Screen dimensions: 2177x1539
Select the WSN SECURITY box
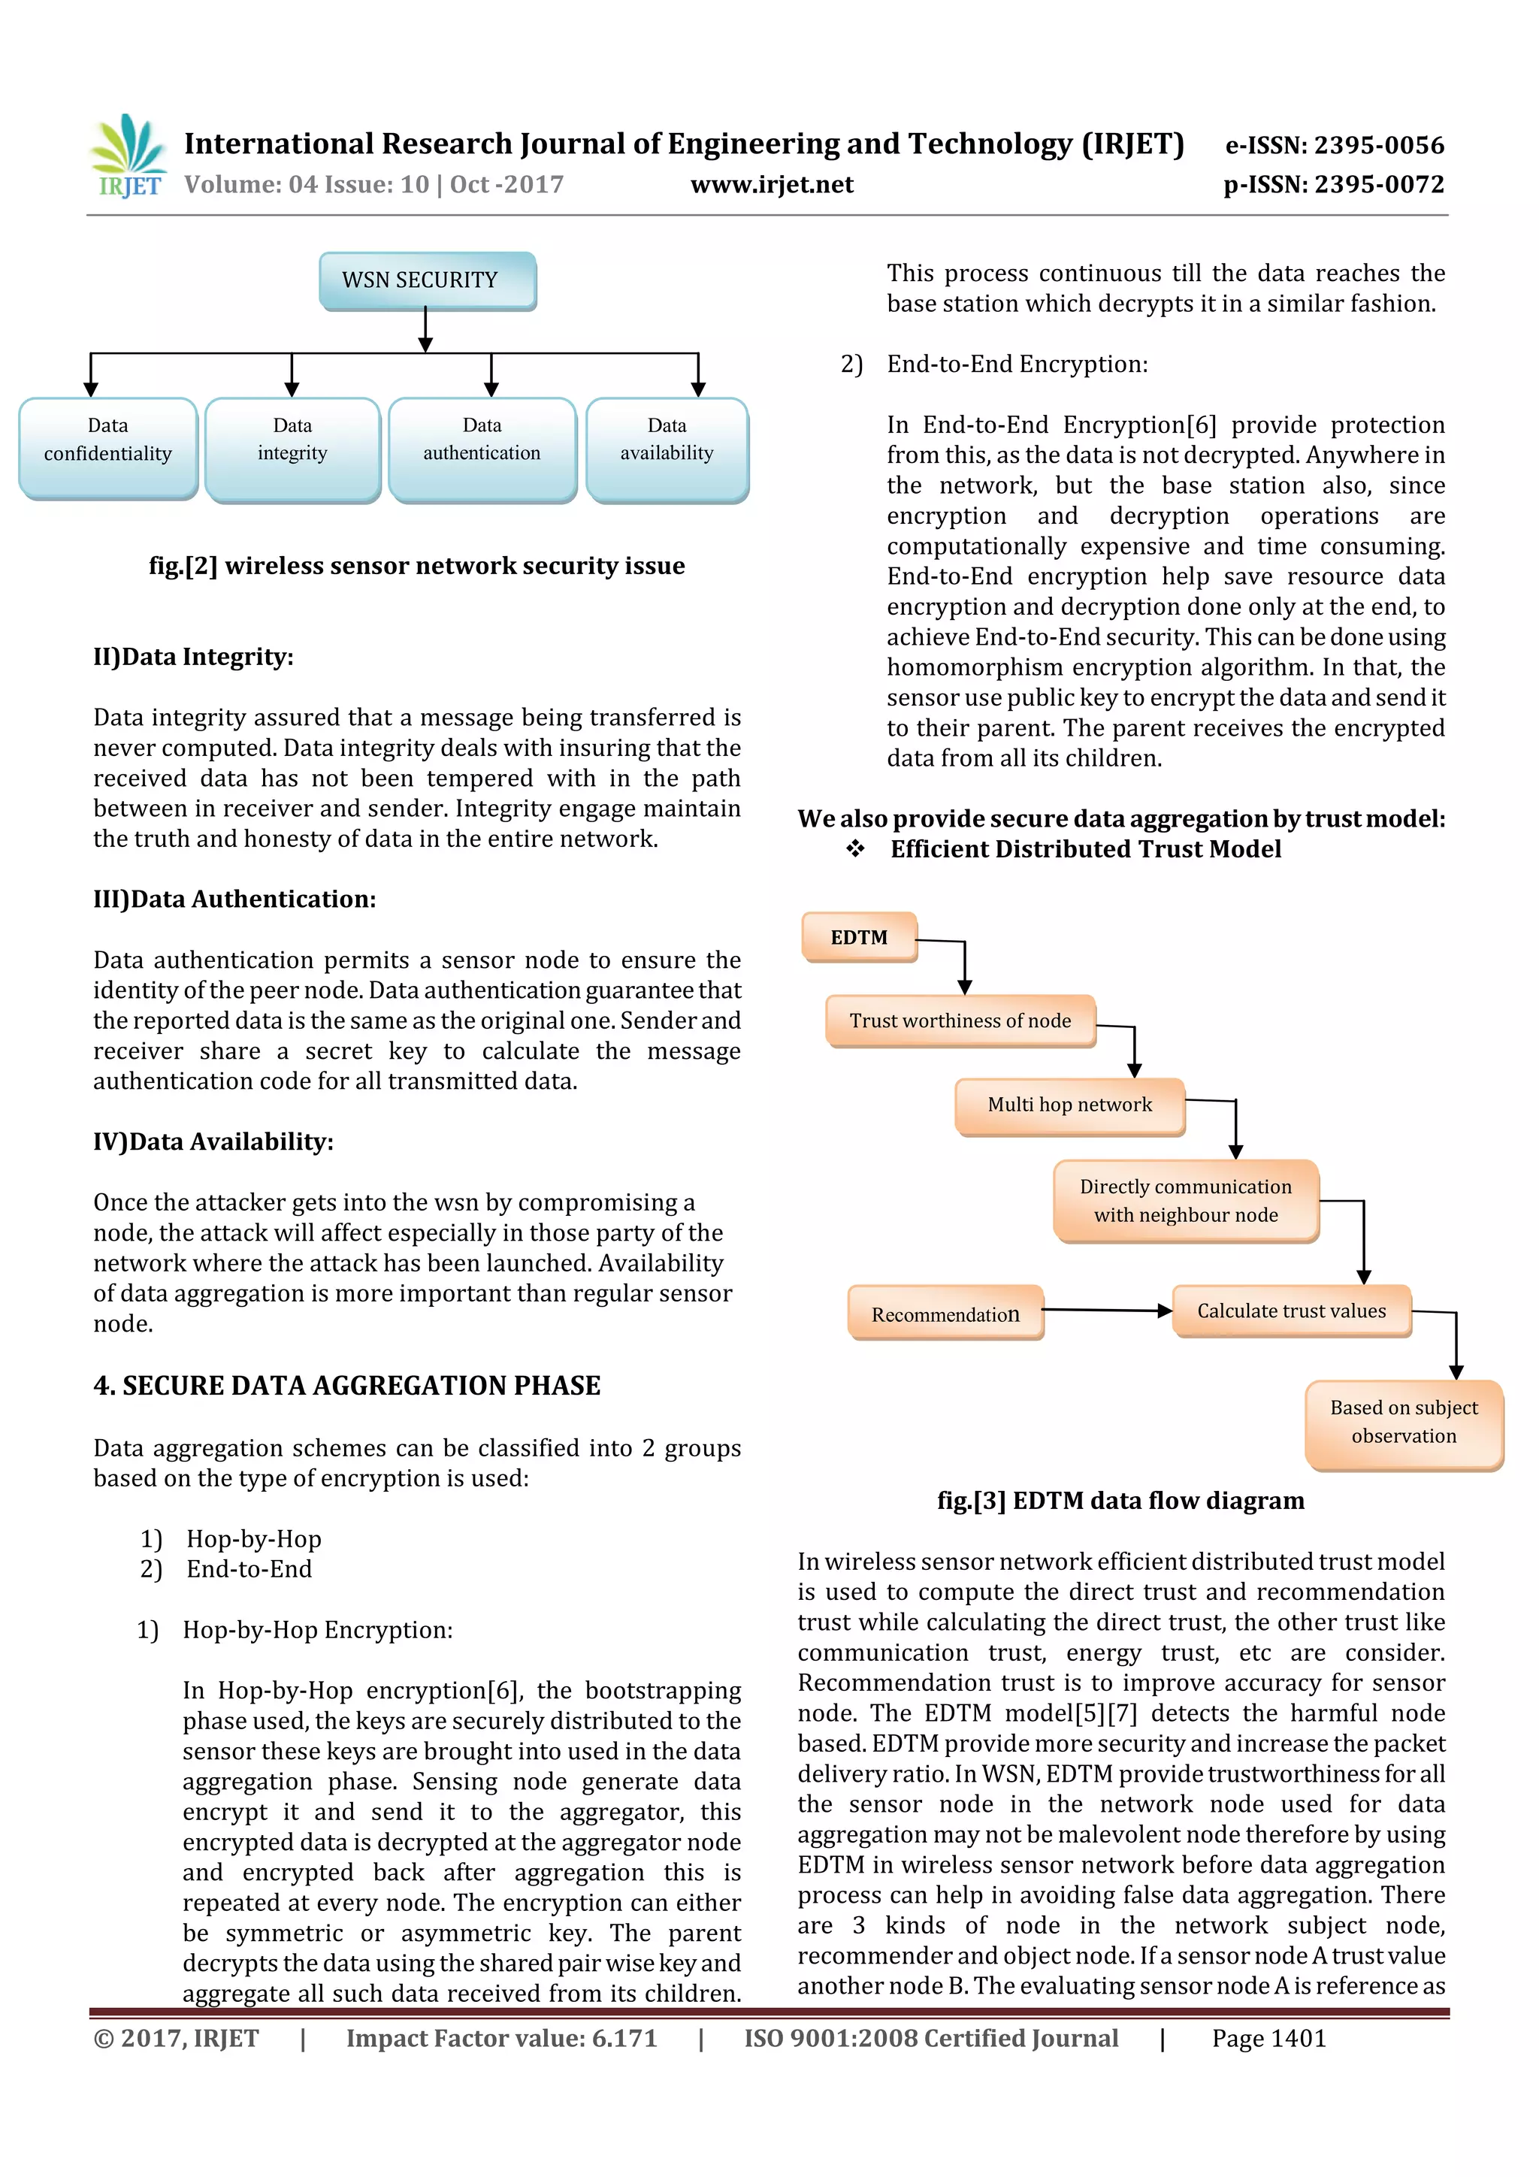(x=427, y=280)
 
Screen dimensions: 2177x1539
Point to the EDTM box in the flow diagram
(x=859, y=937)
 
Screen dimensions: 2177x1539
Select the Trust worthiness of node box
(x=960, y=1020)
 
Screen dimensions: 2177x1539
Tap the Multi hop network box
(x=1069, y=1105)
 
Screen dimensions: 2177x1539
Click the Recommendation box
(x=945, y=1314)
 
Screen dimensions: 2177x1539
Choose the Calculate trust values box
(x=1292, y=1311)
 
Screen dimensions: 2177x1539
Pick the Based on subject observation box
(x=1404, y=1423)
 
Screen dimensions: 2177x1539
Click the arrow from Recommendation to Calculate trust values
(x=1107, y=1311)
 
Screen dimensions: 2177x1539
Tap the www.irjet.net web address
(x=772, y=184)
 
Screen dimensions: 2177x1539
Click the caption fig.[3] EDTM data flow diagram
(x=1120, y=1501)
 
